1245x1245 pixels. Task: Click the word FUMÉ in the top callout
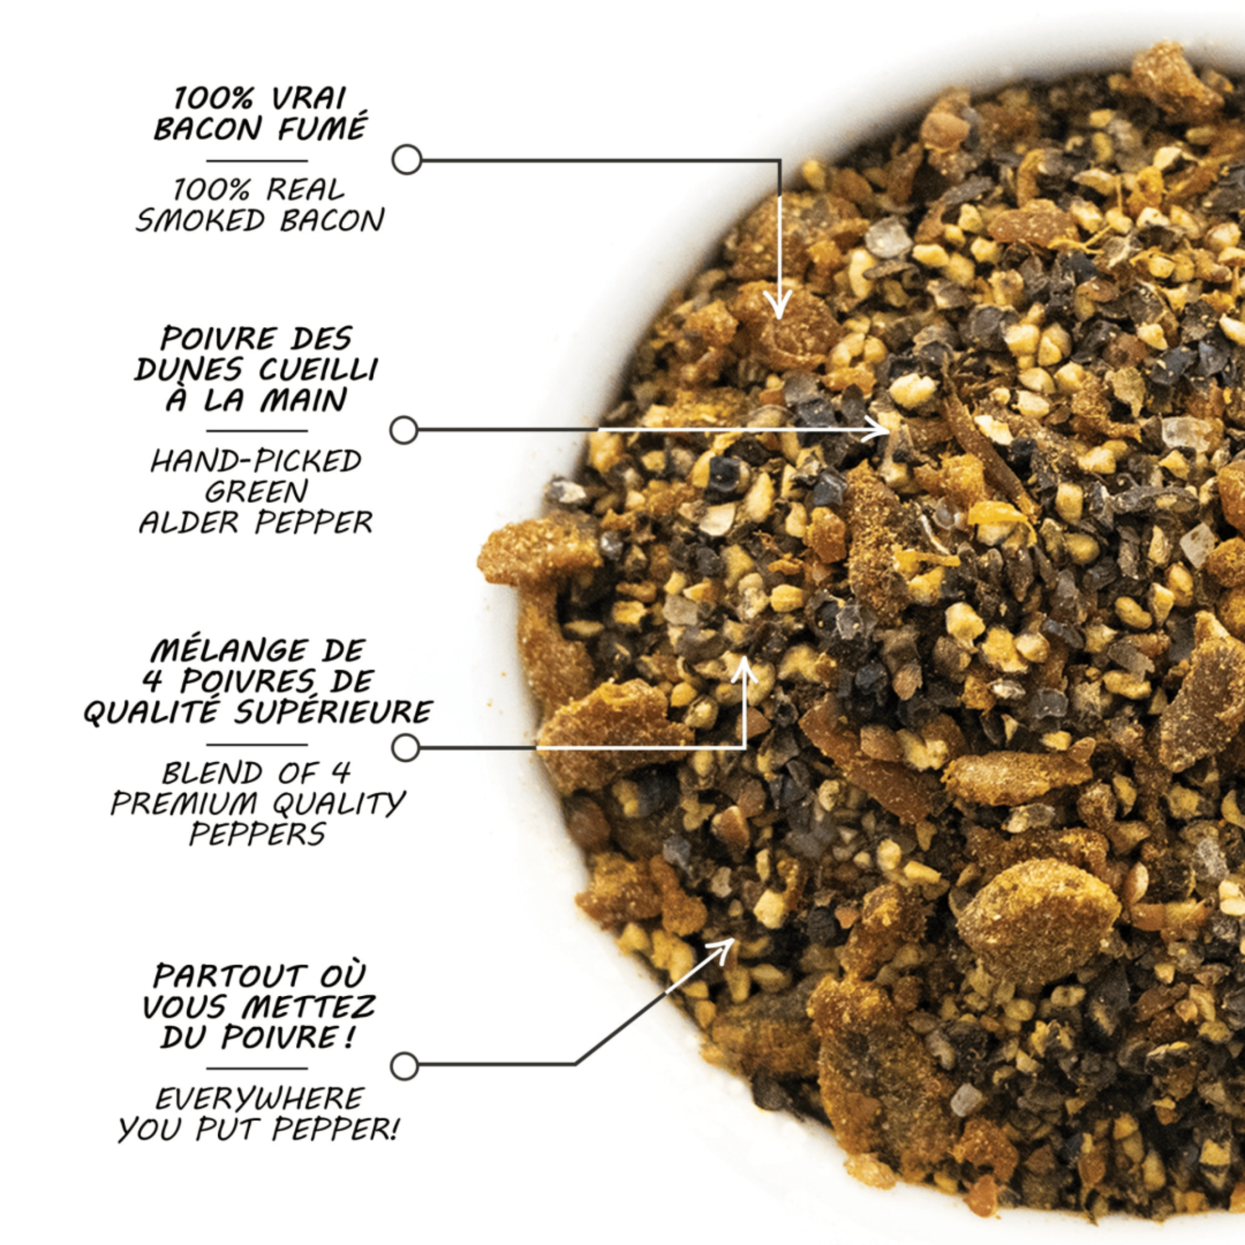(x=322, y=128)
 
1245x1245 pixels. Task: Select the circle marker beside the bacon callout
(x=407, y=159)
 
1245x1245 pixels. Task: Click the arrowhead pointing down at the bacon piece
(x=779, y=309)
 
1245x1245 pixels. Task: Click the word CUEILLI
(x=319, y=369)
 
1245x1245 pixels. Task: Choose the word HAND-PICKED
(x=256, y=461)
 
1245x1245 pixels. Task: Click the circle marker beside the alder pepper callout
(x=404, y=430)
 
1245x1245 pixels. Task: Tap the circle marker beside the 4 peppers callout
(x=405, y=748)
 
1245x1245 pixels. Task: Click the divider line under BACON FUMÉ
(x=257, y=161)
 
